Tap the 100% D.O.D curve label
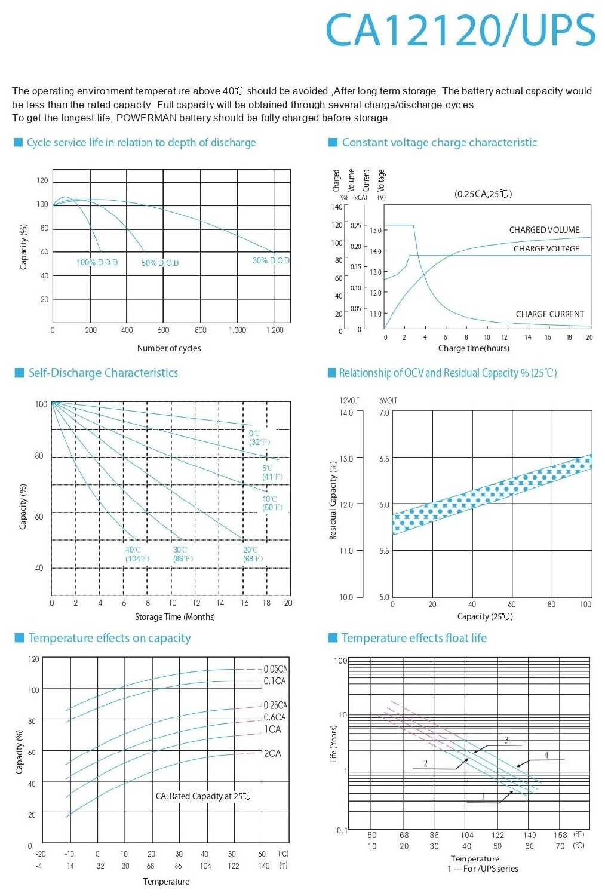pyautogui.click(x=97, y=263)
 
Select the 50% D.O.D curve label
pyautogui.click(x=160, y=263)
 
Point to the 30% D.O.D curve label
pyautogui.click(x=271, y=261)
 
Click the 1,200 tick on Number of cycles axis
pyautogui.click(x=275, y=330)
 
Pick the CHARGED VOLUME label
pyautogui.click(x=544, y=230)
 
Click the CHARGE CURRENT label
pyautogui.click(x=550, y=314)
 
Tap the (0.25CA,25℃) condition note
pyautogui.click(x=483, y=194)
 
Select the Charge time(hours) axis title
pyautogui.click(x=474, y=348)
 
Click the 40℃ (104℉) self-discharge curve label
pyautogui.click(x=137, y=554)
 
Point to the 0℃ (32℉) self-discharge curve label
pyautogui.click(x=259, y=438)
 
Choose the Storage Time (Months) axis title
pyautogui.click(x=174, y=617)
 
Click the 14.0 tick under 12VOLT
pyautogui.click(x=346, y=413)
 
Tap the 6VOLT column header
pyautogui.click(x=388, y=400)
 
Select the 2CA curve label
pyautogui.click(x=272, y=754)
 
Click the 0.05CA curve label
pyautogui.click(x=275, y=669)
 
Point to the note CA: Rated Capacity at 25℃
pyautogui.click(x=202, y=796)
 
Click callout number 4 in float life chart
pyautogui.click(x=546, y=756)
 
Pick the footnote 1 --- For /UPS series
pyautogui.click(x=483, y=869)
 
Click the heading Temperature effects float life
pyautogui.click(x=414, y=638)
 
